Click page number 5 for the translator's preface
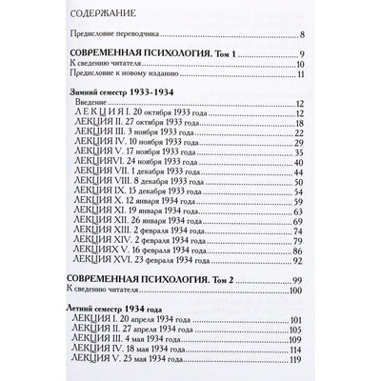(303, 35)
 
